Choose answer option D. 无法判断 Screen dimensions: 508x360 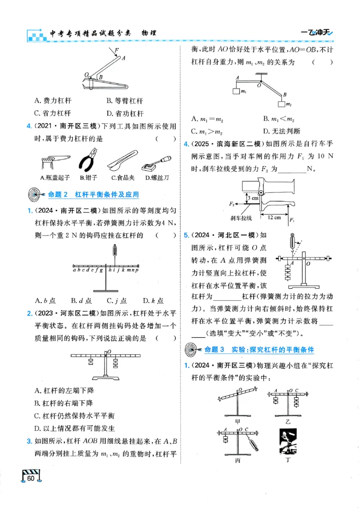pos(282,131)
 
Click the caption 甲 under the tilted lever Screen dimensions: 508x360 pos(238,422)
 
